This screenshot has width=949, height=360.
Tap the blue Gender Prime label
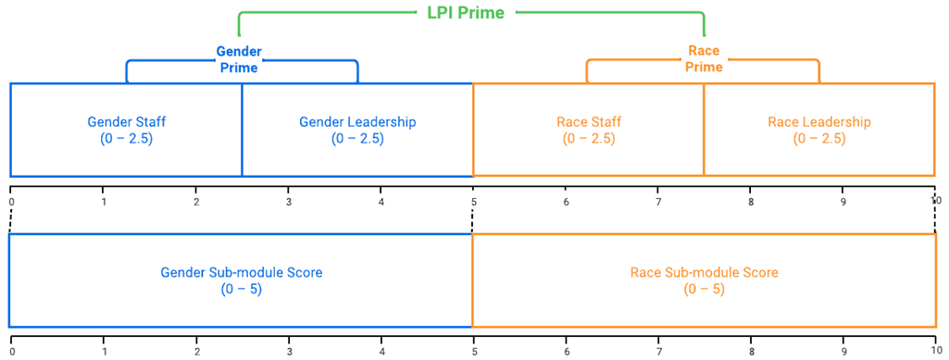point(239,59)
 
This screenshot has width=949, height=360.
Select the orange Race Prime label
point(704,59)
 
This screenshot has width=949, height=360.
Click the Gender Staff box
point(126,130)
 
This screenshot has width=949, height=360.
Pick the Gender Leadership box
point(357,130)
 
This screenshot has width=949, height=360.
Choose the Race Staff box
point(589,130)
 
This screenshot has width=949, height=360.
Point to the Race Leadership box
point(819,130)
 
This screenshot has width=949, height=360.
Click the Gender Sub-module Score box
point(241,280)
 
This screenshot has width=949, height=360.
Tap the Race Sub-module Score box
point(704,280)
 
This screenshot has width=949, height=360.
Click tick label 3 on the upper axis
point(289,201)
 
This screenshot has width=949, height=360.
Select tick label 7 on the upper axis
point(658,201)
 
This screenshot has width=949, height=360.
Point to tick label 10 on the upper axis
point(935,201)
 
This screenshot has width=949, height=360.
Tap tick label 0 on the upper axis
point(11,201)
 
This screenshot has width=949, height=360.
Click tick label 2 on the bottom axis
point(196,352)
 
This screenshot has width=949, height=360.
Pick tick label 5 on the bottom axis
point(473,352)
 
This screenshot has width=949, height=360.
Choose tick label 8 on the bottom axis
point(751,352)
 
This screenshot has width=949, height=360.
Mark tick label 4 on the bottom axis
point(381,352)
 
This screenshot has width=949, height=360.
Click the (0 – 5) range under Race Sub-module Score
point(704,289)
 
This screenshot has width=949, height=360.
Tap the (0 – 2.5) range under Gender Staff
point(126,139)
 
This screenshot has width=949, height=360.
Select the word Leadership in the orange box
point(837,122)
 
